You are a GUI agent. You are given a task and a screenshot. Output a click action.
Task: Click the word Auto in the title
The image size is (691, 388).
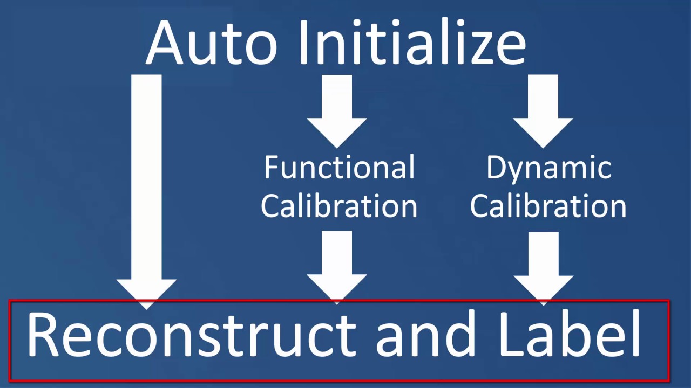[212, 43]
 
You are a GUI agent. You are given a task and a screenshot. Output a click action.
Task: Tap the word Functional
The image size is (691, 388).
[339, 167]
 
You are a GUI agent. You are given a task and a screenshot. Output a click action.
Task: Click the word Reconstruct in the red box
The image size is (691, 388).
[192, 335]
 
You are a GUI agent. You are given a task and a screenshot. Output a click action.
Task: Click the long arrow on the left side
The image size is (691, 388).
[146, 191]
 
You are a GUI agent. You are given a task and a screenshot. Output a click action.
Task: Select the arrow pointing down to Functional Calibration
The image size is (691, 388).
[336, 111]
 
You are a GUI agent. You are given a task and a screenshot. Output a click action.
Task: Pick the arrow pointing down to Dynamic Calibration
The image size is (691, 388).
[543, 111]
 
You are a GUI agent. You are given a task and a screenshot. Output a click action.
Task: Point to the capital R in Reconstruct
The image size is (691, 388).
[44, 335]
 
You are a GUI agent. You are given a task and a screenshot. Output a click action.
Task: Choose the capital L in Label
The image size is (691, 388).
[513, 335]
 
